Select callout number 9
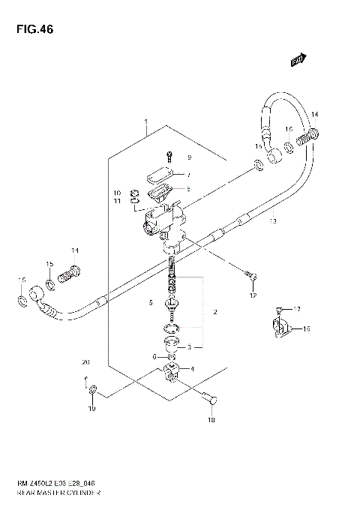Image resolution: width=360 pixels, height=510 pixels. click(x=190, y=157)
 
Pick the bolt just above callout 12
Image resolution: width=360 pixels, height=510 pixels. click(x=250, y=277)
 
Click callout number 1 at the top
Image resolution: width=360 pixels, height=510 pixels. click(x=146, y=121)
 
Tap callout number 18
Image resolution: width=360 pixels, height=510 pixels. click(x=211, y=420)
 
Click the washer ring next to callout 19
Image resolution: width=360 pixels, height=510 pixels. click(x=92, y=392)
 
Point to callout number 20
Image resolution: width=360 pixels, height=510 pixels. click(x=85, y=362)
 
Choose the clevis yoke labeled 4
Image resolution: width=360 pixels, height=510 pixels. click(x=172, y=370)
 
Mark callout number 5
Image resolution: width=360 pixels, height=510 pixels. click(x=150, y=303)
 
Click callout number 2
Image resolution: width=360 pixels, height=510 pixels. click(x=214, y=311)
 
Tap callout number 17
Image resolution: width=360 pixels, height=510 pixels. click(x=297, y=309)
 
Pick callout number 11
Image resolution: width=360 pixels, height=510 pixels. click(x=117, y=202)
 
